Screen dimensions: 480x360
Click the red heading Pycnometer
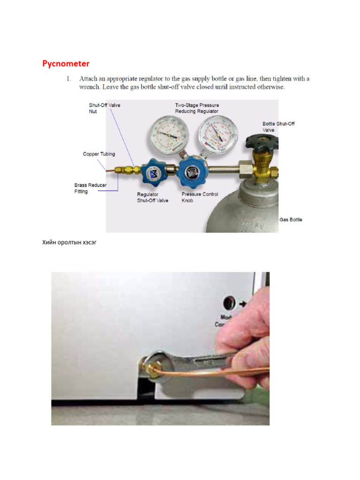point(66,63)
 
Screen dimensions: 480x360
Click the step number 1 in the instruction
point(68,79)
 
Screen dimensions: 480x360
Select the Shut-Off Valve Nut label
point(105,108)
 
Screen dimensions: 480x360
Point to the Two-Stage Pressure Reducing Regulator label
point(197,108)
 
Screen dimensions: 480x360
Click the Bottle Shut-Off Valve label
point(278,127)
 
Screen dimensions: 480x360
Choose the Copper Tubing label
point(99,154)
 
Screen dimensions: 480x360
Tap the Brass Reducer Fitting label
point(90,188)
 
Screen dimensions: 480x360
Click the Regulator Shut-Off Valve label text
point(152,197)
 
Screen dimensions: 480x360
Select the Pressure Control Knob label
point(200,197)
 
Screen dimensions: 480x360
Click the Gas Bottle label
point(291,219)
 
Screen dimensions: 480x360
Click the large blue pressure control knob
point(193,172)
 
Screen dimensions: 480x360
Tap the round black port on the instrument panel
point(230,301)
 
